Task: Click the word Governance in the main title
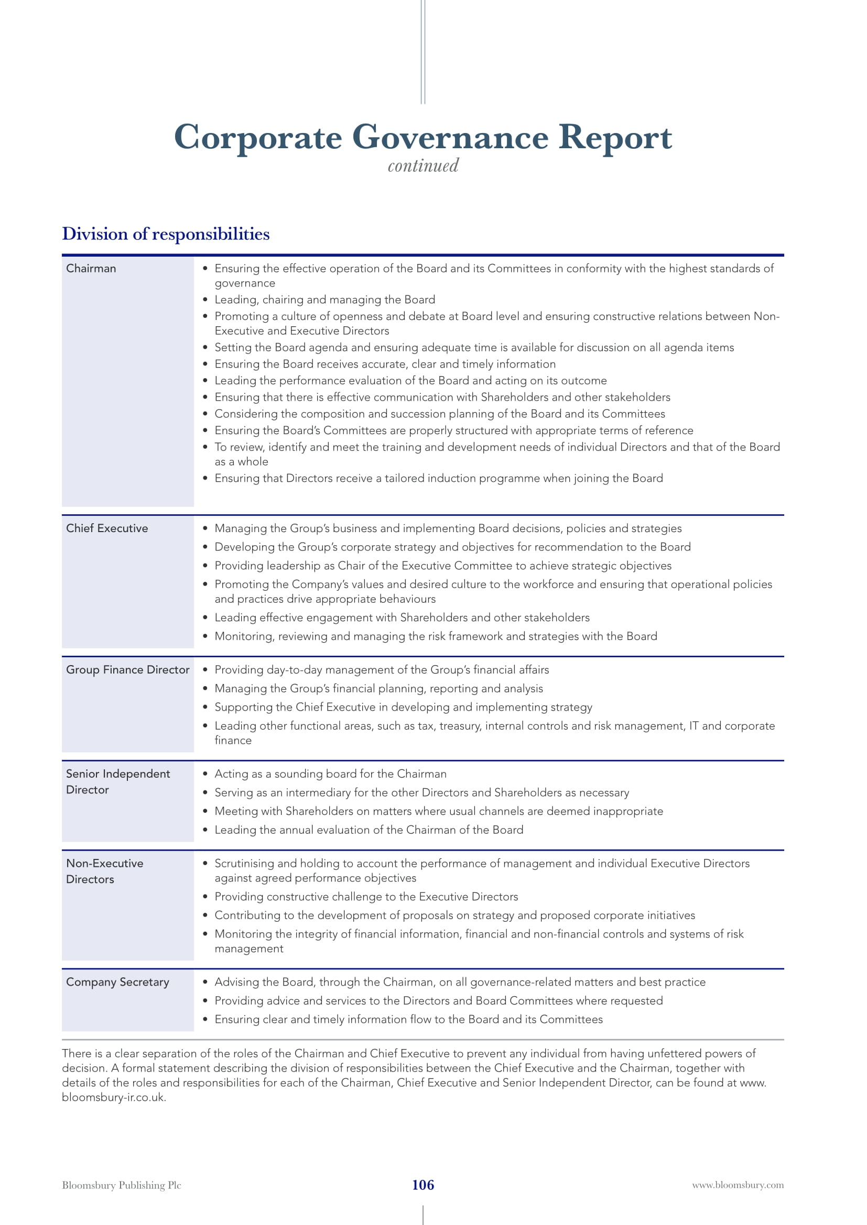pos(450,137)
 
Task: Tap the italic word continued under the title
pos(423,166)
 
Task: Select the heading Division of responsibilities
pos(166,234)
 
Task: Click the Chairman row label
pos(91,268)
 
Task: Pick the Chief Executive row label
pos(107,528)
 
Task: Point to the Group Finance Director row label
pos(127,670)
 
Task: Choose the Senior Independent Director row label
pos(117,781)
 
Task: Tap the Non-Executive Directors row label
pos(105,871)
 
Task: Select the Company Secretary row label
pos(117,981)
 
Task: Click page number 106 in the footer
pos(423,1185)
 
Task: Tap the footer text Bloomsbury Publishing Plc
pos(121,1186)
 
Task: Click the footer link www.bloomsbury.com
pos(738,1186)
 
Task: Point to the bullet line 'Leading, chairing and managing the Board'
pos(324,300)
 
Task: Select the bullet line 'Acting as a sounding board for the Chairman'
pos(330,774)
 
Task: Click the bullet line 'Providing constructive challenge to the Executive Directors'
pos(366,896)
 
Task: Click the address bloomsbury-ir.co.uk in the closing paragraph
pos(113,1098)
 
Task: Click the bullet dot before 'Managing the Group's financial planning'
pos(205,689)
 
